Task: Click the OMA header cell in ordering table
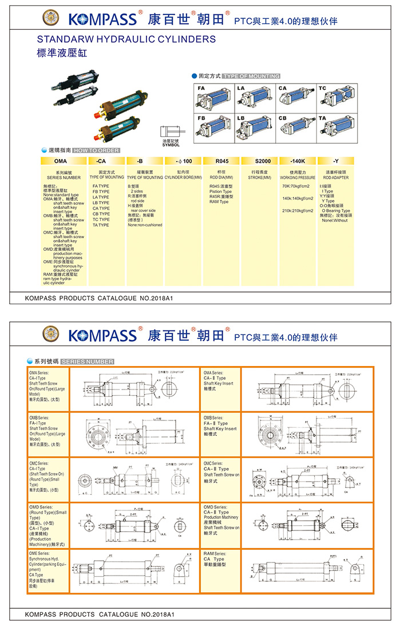61,162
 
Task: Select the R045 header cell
221,162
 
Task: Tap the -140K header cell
298,162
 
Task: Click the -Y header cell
336,162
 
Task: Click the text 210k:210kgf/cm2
298,211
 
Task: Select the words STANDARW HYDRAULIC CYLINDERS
126,40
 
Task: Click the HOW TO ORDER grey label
96,150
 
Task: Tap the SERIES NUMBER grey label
86,361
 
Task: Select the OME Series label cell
48,570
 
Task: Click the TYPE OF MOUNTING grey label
251,76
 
